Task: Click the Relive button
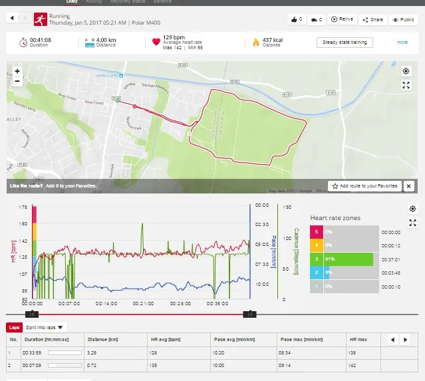point(343,20)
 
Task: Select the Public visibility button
point(404,20)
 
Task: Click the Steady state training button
point(345,43)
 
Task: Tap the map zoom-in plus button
point(17,71)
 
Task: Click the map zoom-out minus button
point(17,82)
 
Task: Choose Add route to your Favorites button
point(365,186)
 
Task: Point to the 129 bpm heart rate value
point(174,38)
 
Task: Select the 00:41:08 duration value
point(40,39)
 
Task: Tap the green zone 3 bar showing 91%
point(343,259)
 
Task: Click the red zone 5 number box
point(317,232)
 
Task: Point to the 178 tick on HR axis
point(24,207)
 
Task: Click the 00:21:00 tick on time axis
point(144,303)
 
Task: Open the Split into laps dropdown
point(46,327)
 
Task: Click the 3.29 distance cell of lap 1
point(92,352)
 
